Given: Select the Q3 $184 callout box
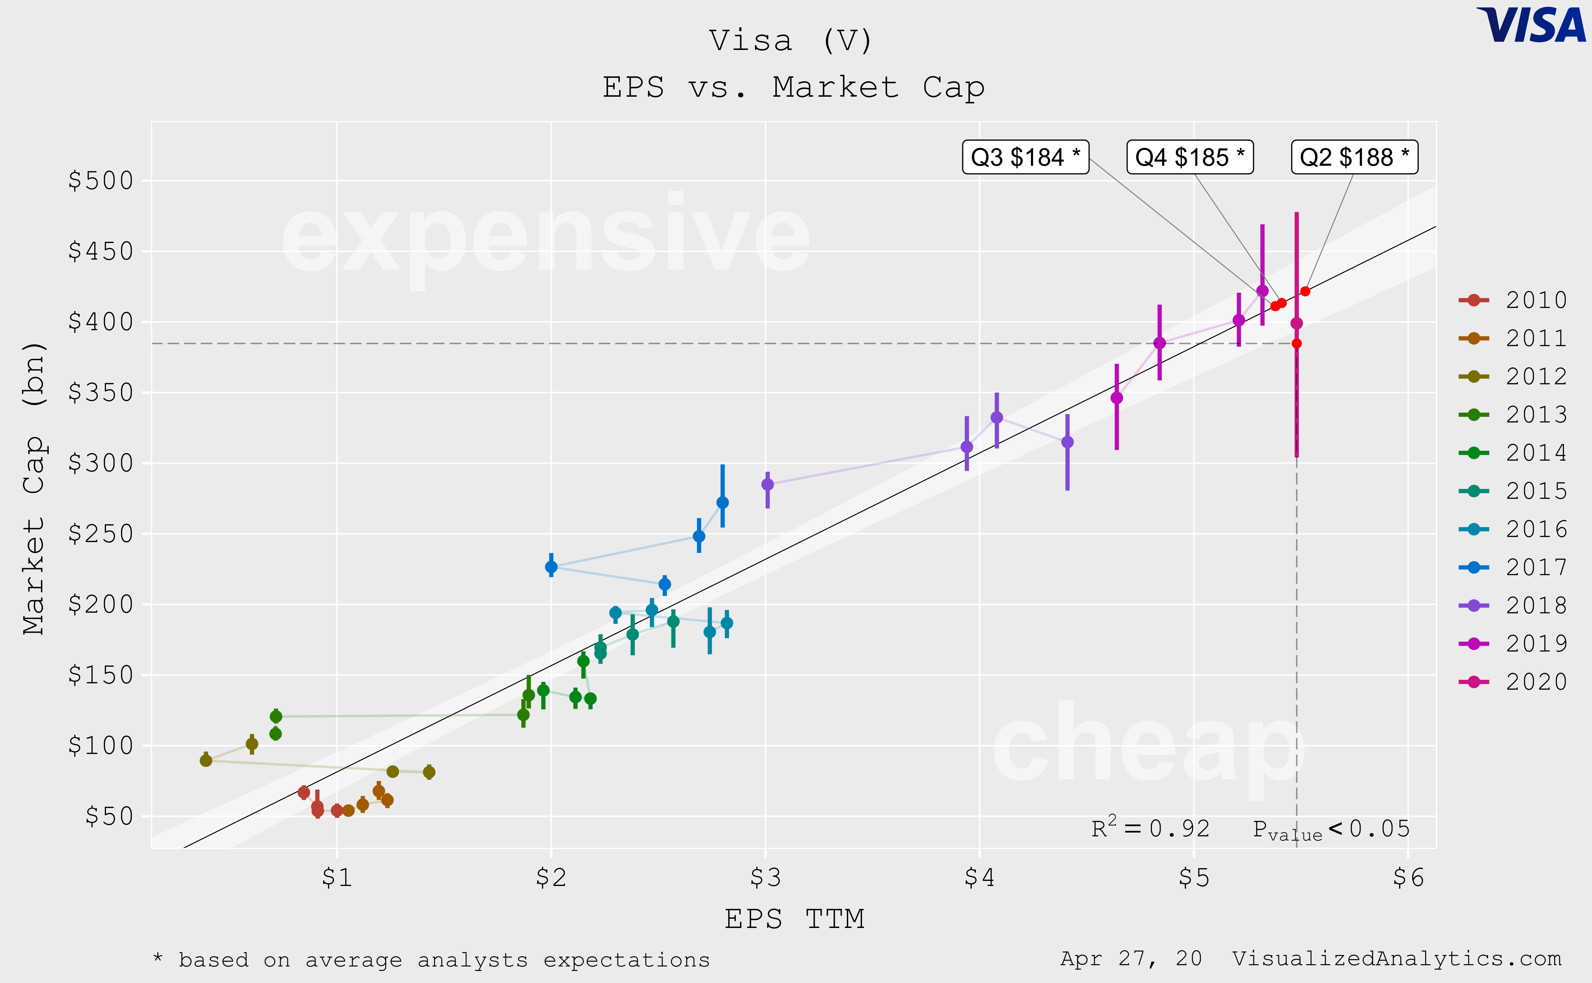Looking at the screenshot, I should click(1025, 157).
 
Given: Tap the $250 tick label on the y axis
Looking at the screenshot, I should click(101, 534).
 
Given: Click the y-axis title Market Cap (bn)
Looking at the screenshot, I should click(34, 488).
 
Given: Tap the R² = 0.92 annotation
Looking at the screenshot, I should click(1150, 828).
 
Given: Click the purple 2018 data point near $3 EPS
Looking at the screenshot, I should click(768, 485).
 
